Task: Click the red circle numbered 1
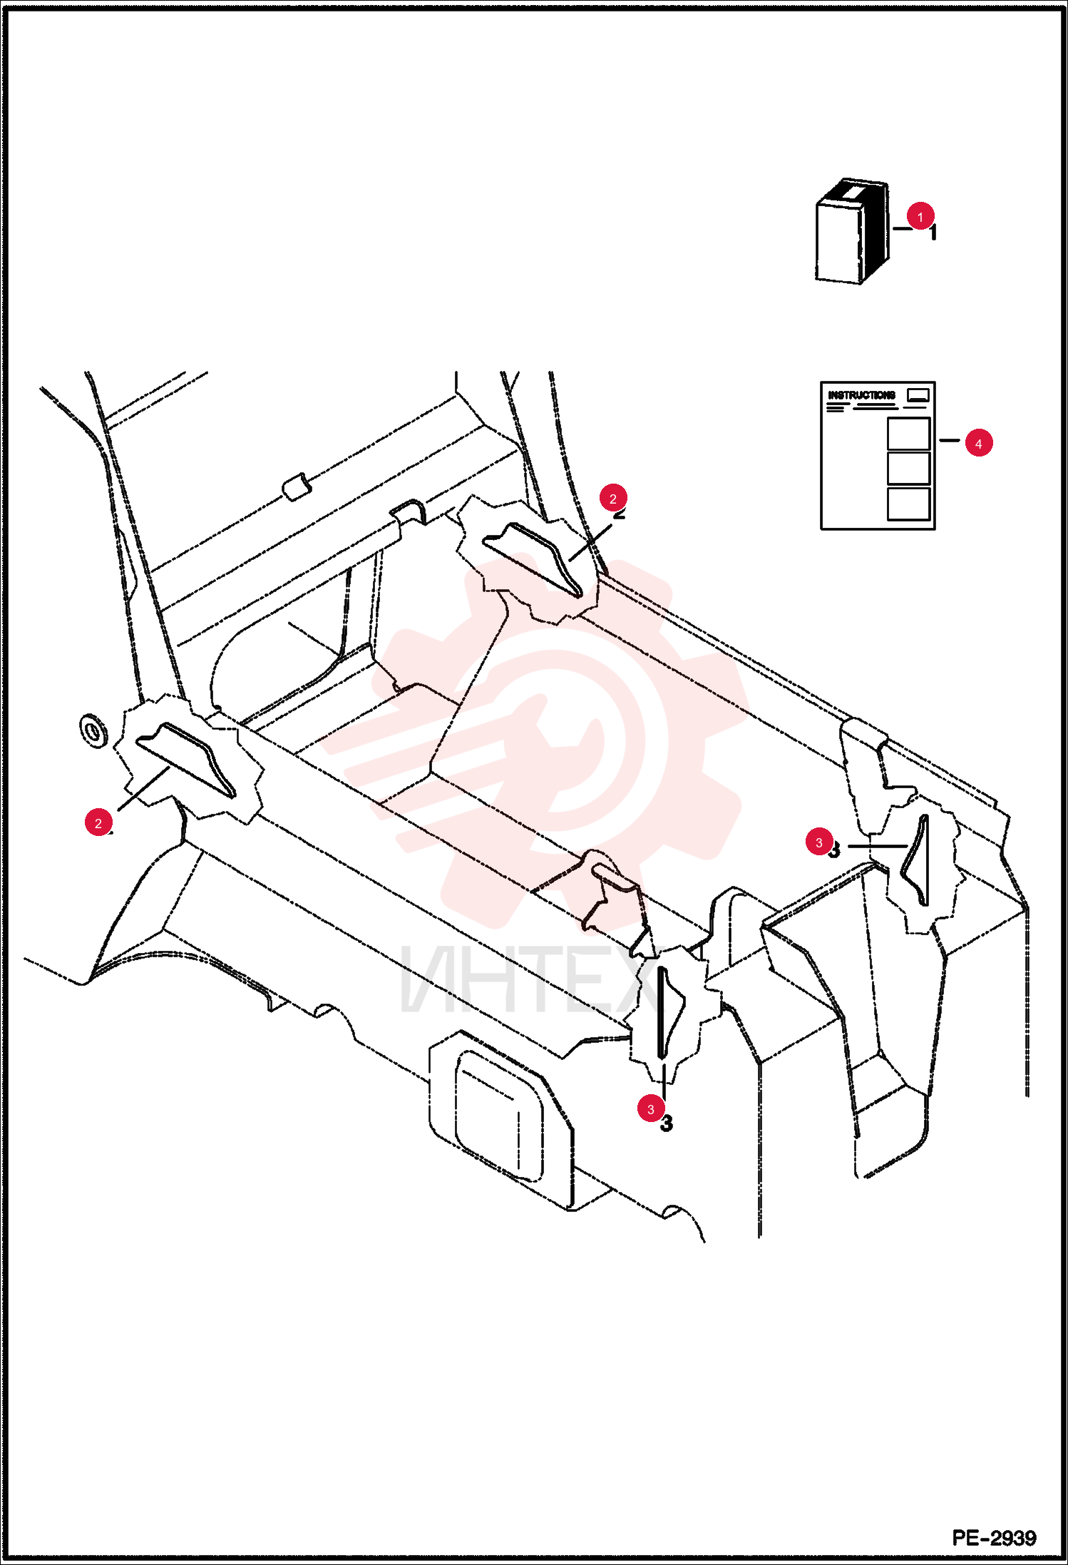[x=920, y=217]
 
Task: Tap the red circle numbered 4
[x=978, y=444]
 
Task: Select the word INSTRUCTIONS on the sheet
[x=861, y=394]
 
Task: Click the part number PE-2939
[x=994, y=1537]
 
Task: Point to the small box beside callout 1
[x=853, y=231]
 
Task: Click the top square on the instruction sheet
[x=908, y=433]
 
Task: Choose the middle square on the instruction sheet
[x=908, y=468]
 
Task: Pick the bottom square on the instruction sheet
[x=908, y=504]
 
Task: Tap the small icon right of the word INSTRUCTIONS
[x=918, y=395]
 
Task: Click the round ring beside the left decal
[x=93, y=730]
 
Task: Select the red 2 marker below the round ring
[x=98, y=823]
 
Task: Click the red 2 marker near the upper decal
[x=613, y=499]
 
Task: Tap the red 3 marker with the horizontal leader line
[x=819, y=842]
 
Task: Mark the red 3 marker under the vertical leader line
[x=651, y=1109]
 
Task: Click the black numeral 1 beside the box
[x=933, y=233]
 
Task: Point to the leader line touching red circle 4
[x=950, y=441]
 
